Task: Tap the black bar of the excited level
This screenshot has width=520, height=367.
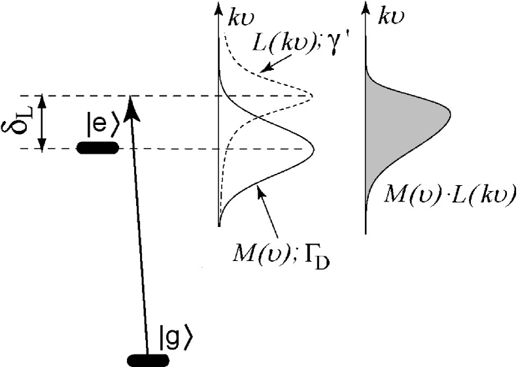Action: pos(97,148)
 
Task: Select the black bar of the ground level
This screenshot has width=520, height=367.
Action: pos(148,360)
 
